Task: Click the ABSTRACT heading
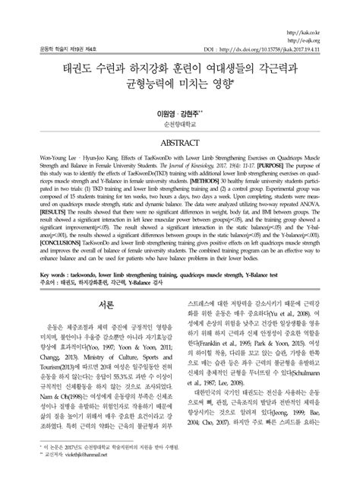pyautogui.click(x=180, y=143)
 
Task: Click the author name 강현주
pyautogui.click(x=191, y=112)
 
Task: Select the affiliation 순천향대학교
pyautogui.click(x=180, y=123)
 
